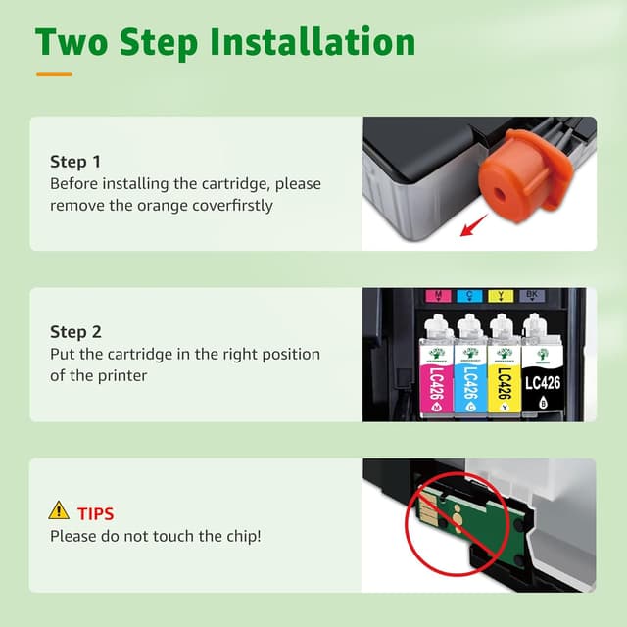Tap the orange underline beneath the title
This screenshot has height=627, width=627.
54,74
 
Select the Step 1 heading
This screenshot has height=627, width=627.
75,162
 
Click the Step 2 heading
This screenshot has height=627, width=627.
75,332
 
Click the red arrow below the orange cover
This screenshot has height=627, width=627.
474,225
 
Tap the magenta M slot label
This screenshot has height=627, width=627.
438,296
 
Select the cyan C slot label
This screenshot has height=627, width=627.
469,296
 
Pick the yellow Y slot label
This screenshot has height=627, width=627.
501,296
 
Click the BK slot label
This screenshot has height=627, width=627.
532,296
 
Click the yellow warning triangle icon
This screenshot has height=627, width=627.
59,510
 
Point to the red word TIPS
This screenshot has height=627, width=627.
96,514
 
